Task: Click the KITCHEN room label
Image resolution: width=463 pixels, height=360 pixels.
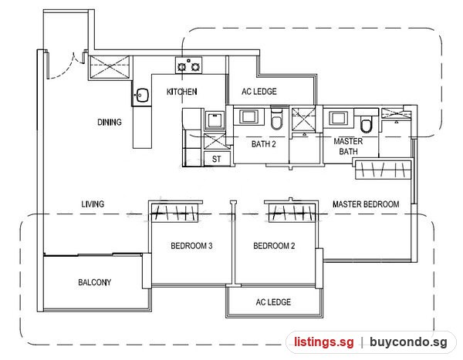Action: coord(182,92)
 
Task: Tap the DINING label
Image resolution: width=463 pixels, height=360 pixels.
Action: coord(110,122)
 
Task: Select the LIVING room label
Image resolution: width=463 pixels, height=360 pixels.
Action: coord(93,204)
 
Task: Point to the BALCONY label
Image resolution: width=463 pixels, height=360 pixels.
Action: coord(95,282)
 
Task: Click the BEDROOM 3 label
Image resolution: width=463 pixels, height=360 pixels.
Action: coord(191,246)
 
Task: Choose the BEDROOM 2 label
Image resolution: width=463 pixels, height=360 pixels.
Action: coord(274,246)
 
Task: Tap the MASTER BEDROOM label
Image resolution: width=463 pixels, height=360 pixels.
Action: coord(366,204)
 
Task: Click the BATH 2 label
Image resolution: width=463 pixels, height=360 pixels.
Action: coord(264,144)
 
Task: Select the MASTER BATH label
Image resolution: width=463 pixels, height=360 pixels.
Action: coord(349,146)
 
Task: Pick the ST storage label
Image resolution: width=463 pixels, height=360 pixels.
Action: coord(216,160)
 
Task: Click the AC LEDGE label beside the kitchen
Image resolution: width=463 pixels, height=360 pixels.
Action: coord(259,92)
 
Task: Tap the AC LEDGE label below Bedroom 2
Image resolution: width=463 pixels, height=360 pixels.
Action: coord(273,302)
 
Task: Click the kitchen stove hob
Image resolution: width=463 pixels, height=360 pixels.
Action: coord(189,66)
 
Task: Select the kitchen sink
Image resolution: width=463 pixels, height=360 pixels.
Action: coord(142,96)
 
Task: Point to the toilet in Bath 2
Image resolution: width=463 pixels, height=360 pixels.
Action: coord(276,120)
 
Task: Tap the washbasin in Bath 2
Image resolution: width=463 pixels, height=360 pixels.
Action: coord(248,116)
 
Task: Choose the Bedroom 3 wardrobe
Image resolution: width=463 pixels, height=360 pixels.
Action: coord(175,211)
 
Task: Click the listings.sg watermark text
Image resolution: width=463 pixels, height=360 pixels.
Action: coord(323,342)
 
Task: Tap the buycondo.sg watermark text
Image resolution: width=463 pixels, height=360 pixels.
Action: coord(408,342)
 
